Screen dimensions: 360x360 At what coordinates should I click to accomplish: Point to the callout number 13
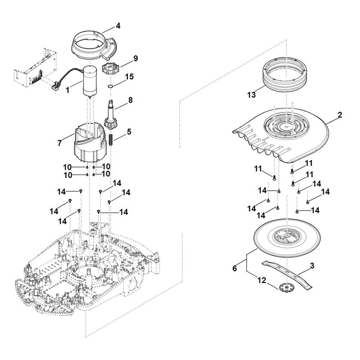coord(251,95)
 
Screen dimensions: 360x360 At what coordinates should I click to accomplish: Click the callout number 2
coord(340,115)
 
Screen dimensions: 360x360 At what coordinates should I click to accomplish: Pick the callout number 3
coord(312,266)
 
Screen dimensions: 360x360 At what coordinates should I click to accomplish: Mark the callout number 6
coord(235,269)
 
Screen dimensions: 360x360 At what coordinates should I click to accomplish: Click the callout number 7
coord(60,143)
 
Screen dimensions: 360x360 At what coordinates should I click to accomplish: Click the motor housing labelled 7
coord(90,144)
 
